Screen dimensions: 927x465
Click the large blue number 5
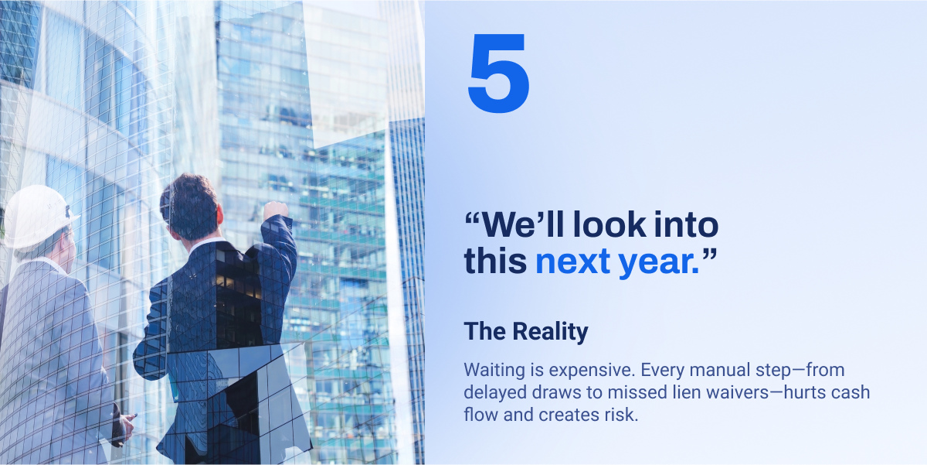coord(499,73)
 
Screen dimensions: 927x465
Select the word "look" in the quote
coord(610,224)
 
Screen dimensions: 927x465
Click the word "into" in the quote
coord(686,224)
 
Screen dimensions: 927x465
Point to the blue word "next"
coord(572,262)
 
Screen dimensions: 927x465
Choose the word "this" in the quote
coord(495,261)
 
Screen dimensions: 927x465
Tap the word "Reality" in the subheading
coord(550,332)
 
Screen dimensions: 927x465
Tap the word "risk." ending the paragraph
coord(621,415)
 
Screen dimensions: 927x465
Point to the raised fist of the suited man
coord(275,210)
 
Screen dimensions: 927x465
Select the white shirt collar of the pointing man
coord(205,244)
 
